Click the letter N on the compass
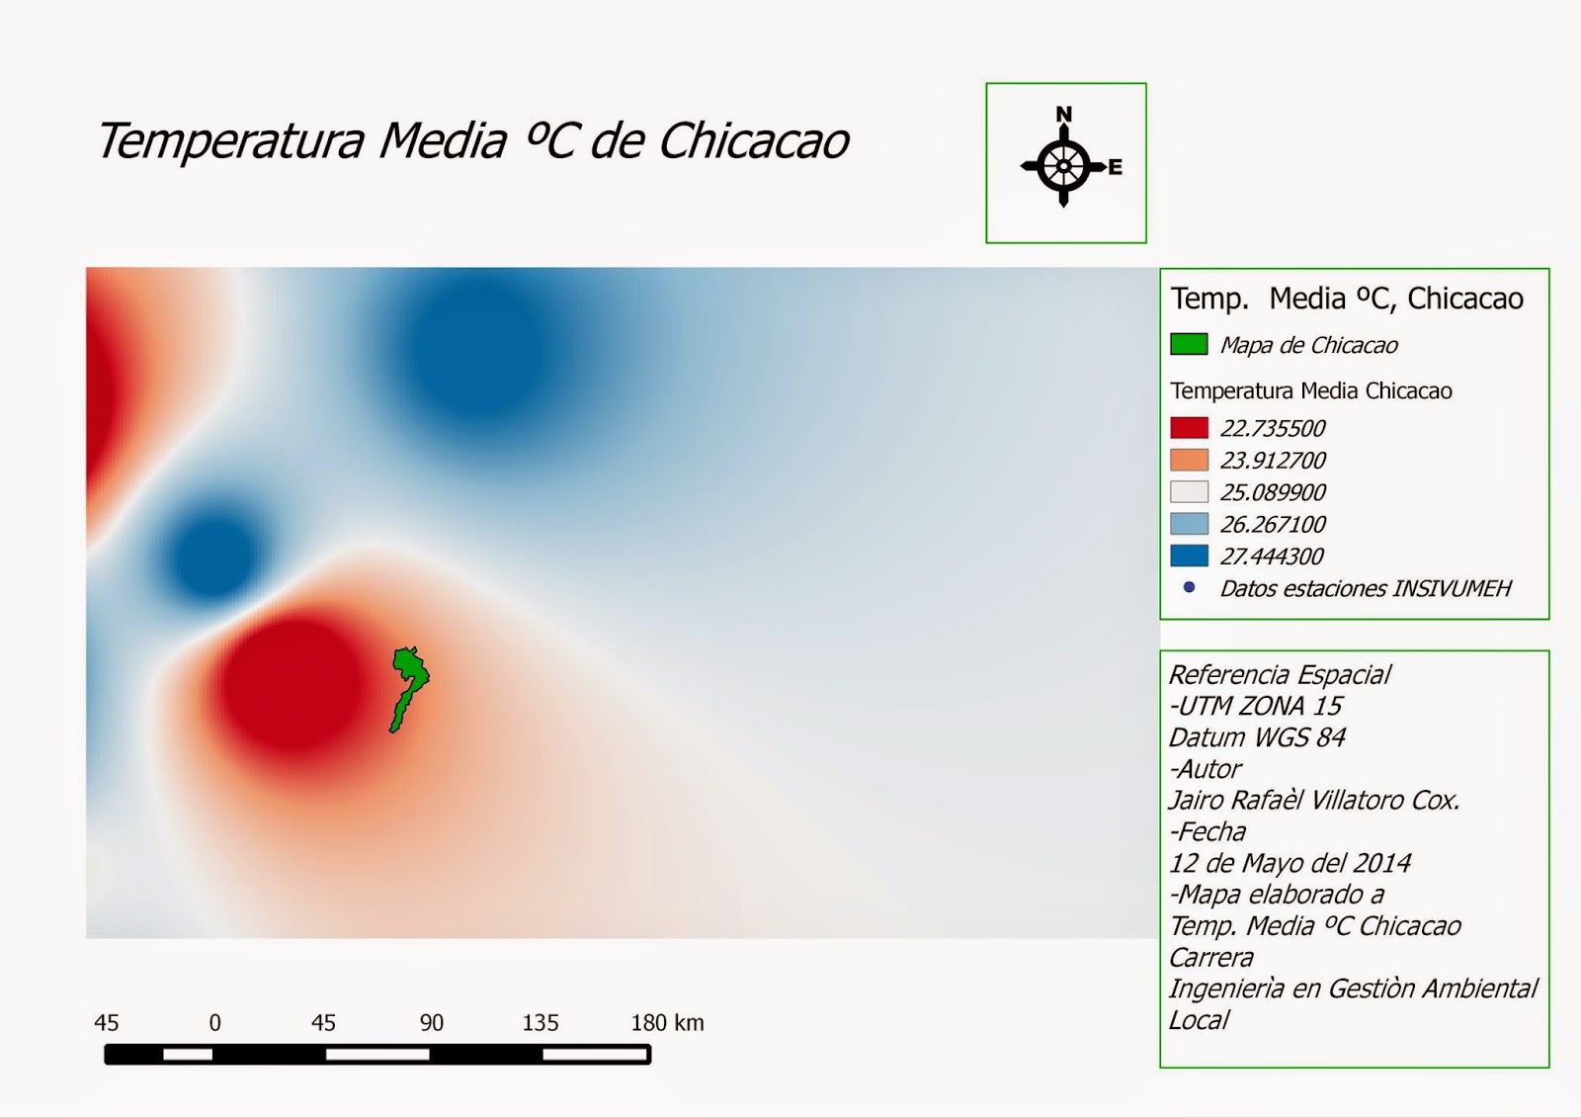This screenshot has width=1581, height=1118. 1063,115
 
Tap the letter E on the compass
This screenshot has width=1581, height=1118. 1115,167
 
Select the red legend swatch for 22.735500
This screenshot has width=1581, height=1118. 1189,428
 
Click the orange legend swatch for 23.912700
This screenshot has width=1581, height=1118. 1189,460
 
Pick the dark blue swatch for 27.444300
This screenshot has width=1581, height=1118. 1189,556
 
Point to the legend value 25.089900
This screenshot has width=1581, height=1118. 1273,492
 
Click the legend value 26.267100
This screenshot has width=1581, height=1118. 1273,524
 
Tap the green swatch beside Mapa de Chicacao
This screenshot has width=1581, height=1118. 1189,344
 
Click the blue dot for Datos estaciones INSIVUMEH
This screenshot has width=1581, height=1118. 1189,587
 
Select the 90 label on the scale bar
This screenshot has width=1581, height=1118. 431,1023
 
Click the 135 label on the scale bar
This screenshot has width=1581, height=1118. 541,1023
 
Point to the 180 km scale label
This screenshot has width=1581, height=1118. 667,1023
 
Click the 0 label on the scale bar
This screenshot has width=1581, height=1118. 214,1023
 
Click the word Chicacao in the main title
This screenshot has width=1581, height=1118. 754,141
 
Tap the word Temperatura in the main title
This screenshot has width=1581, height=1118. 230,141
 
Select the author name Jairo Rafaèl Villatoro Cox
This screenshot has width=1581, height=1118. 1314,800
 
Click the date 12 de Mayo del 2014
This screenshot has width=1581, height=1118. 1290,863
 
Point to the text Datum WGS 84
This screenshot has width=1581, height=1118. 1257,737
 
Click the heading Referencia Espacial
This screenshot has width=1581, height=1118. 1280,675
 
